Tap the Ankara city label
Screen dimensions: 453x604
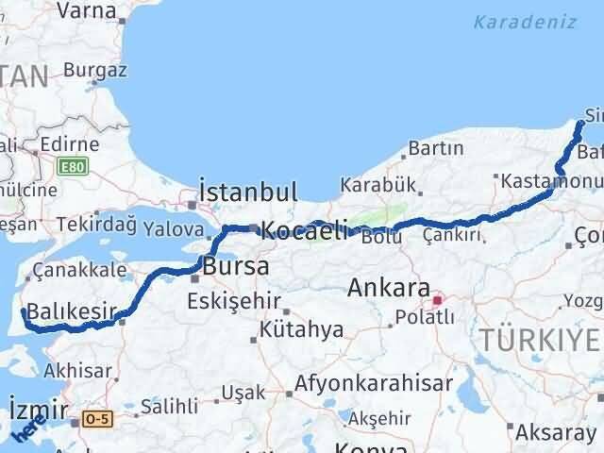point(389,287)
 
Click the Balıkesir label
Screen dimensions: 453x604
point(72,310)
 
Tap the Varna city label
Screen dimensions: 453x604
point(87,11)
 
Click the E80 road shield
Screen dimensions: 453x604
point(70,167)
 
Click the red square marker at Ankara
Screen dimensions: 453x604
point(437,301)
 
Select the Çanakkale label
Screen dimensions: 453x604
point(74,271)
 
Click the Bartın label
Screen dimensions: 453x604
point(436,148)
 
